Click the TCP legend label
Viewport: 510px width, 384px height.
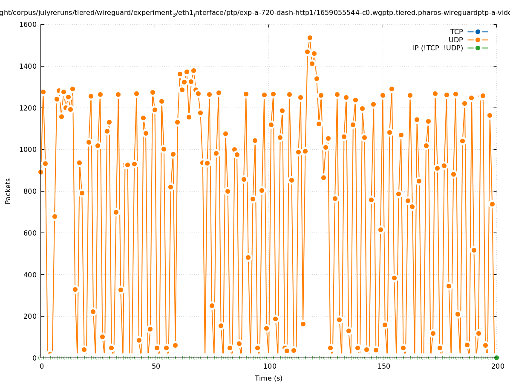[456, 32]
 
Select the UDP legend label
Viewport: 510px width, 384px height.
[456, 40]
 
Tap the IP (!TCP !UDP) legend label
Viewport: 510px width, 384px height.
[438, 48]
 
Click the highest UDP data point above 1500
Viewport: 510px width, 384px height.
[310, 38]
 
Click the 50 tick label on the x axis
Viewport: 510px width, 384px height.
[155, 366]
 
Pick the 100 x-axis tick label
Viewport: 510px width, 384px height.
[269, 366]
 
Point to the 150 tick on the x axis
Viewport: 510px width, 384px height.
[383, 366]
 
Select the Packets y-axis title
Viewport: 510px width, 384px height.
[8, 191]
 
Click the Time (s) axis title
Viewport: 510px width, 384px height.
[268, 378]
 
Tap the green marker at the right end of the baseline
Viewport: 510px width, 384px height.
[496, 358]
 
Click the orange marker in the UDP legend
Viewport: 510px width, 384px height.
[478, 40]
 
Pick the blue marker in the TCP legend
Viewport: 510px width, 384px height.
[478, 32]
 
